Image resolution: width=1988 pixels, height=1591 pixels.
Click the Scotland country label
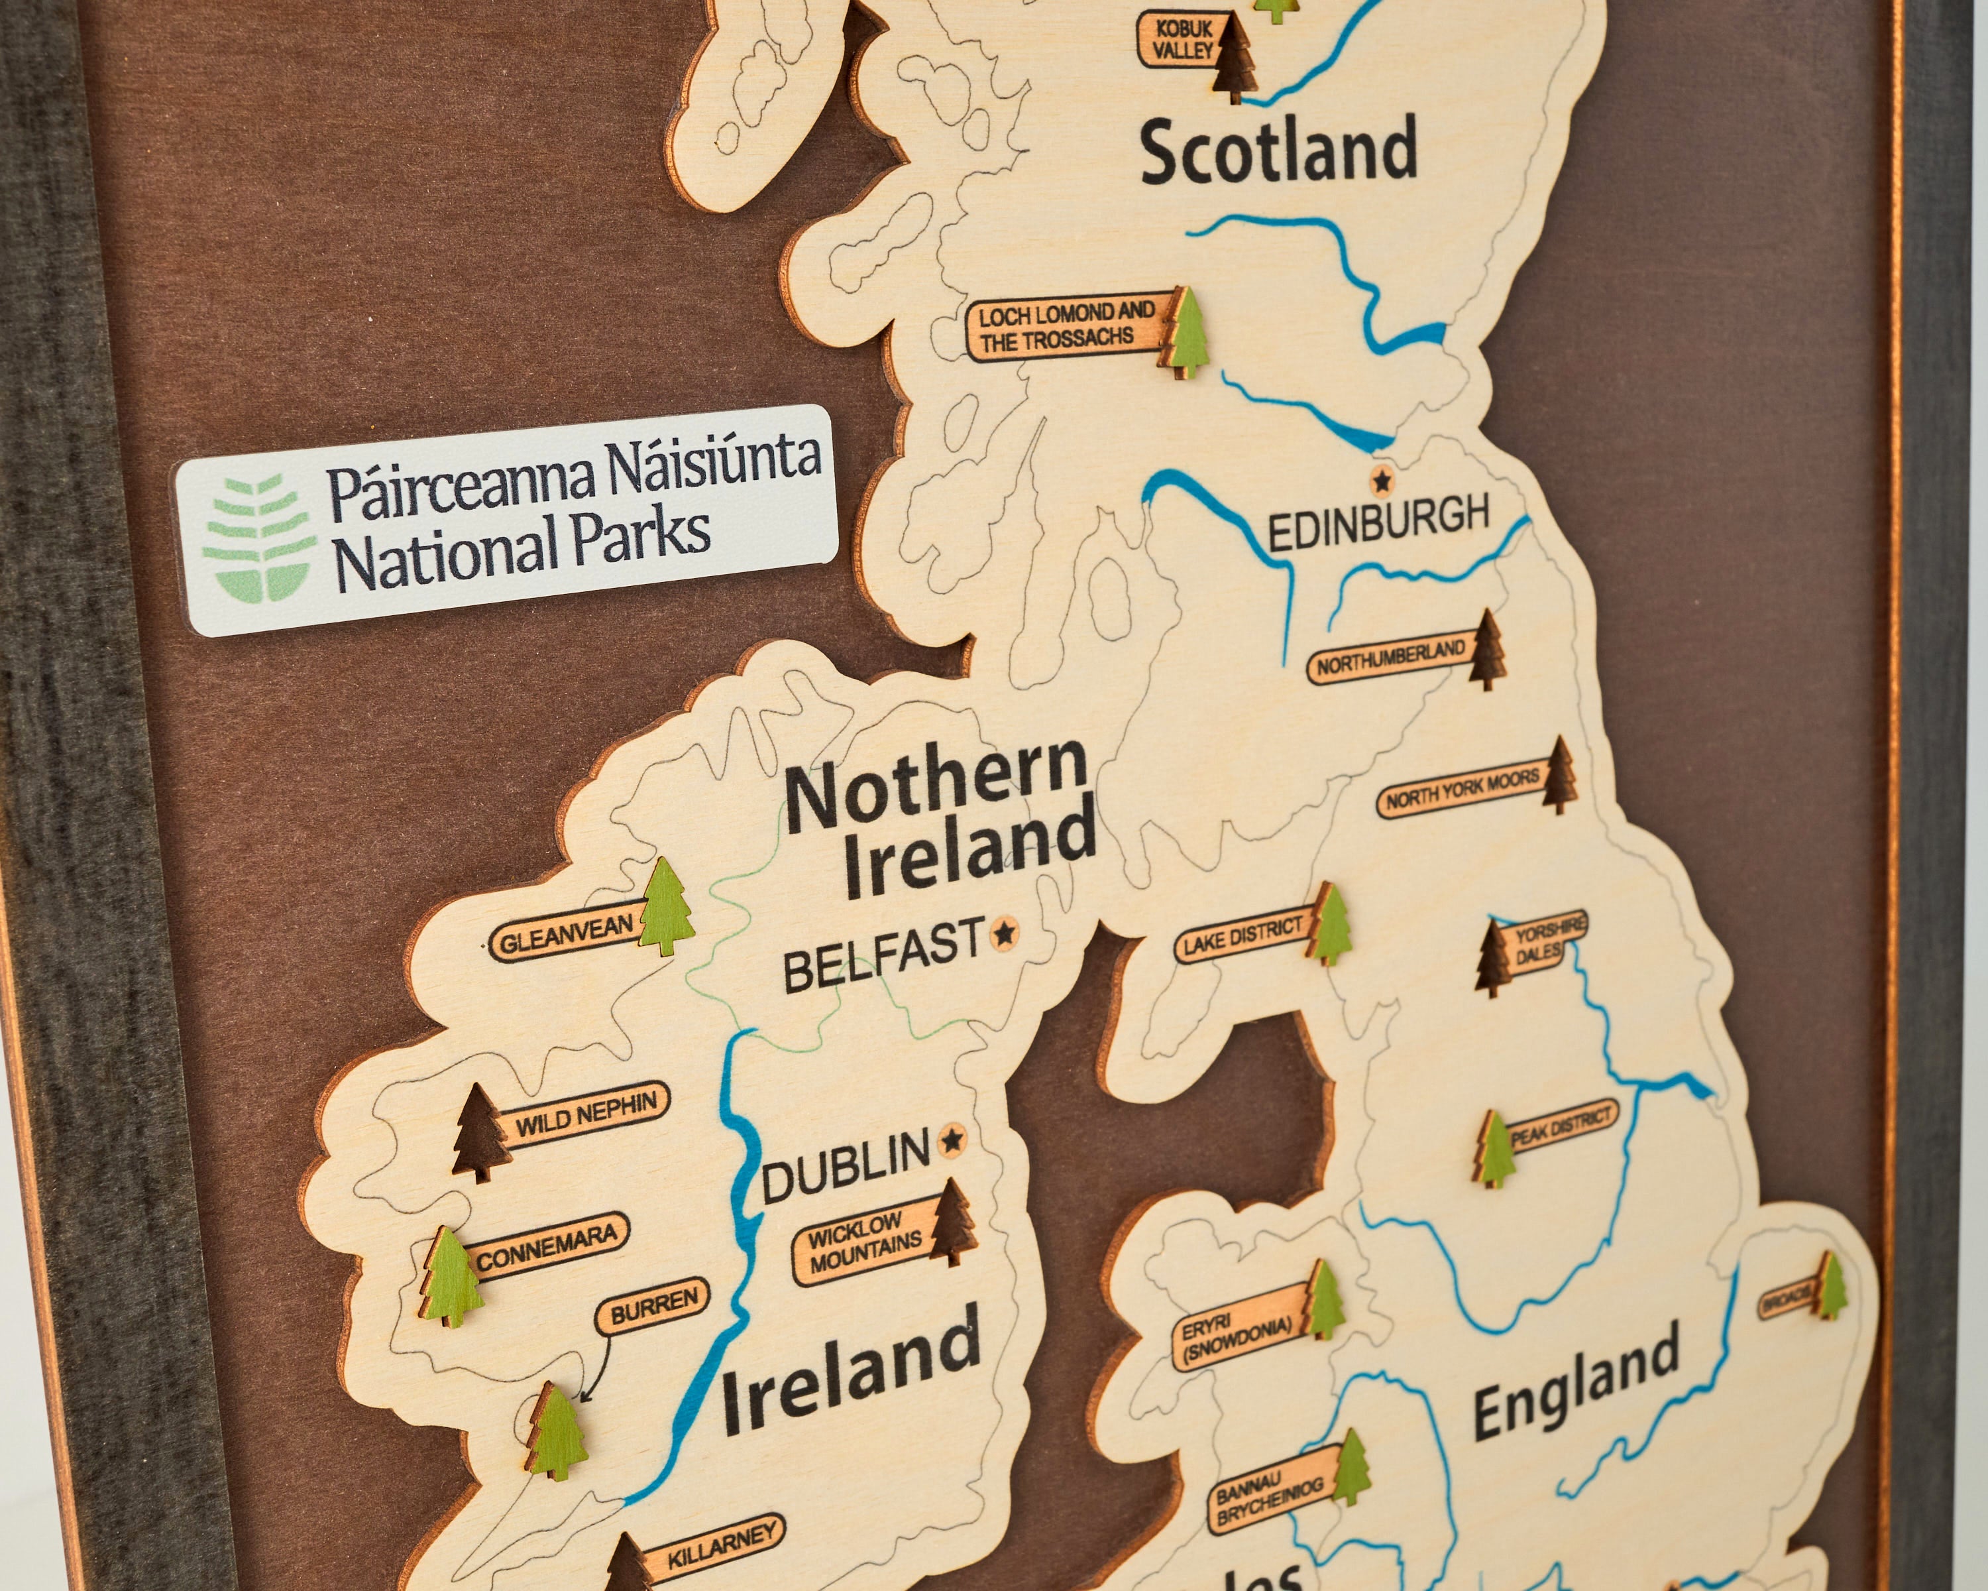click(x=1278, y=151)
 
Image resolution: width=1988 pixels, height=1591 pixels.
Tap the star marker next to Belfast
click(x=1004, y=934)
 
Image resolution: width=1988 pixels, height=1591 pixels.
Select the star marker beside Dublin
click(x=952, y=1141)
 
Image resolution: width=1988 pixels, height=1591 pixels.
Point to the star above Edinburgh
click(x=1380, y=479)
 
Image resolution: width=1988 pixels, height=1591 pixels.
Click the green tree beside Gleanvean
click(x=666, y=908)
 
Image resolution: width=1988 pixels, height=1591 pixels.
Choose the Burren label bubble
click(x=654, y=1304)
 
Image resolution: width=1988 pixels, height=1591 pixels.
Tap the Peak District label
click(x=1562, y=1130)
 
